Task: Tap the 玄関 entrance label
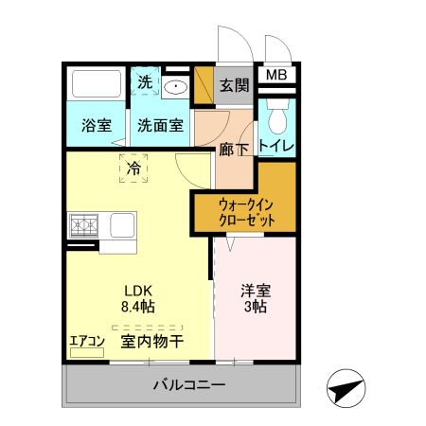(x=235, y=85)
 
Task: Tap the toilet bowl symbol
(x=277, y=117)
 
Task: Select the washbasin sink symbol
(x=175, y=88)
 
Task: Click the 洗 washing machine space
(x=144, y=83)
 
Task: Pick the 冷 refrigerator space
(x=133, y=169)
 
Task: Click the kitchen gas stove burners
(x=83, y=226)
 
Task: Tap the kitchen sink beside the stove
(x=123, y=226)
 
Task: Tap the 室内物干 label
(x=151, y=342)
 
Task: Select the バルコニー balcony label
(x=188, y=386)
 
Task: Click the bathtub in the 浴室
(x=96, y=84)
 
